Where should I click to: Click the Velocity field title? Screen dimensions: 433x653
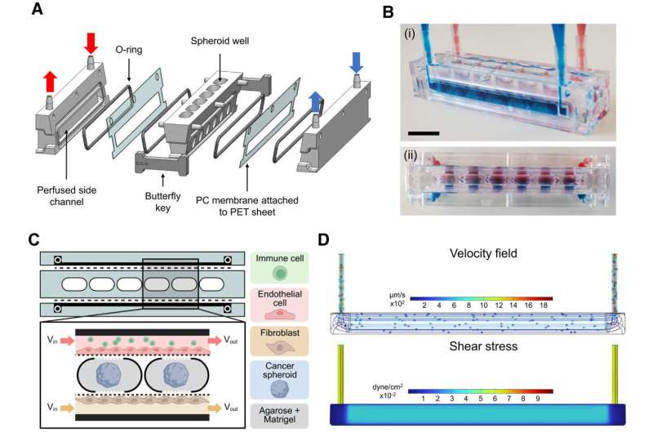coord(482,254)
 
